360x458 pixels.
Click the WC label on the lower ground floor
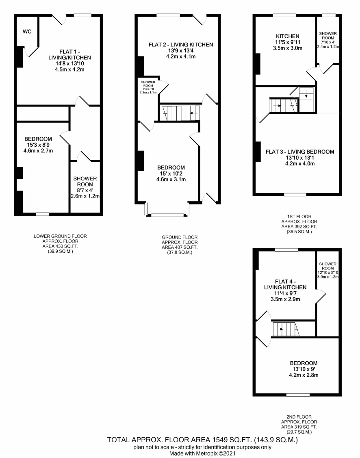(27, 32)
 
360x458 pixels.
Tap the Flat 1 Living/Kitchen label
(69, 54)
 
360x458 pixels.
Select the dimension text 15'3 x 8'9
(38, 145)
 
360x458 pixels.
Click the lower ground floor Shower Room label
(85, 181)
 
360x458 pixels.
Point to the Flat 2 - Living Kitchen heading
(181, 45)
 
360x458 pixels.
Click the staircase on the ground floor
(181, 113)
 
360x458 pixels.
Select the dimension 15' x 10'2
(171, 174)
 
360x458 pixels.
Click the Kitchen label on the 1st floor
(288, 36)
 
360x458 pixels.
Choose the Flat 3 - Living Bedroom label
(300, 152)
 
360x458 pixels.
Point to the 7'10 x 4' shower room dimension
(328, 42)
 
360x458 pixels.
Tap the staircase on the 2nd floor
(286, 329)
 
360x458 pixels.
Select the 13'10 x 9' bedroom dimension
(304, 369)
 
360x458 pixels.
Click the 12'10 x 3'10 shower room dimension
(328, 273)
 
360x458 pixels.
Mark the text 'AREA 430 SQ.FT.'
(60, 246)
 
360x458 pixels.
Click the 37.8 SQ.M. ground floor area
(180, 252)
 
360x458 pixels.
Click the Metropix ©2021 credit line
(202, 454)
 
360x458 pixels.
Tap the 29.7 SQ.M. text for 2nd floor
(299, 432)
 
